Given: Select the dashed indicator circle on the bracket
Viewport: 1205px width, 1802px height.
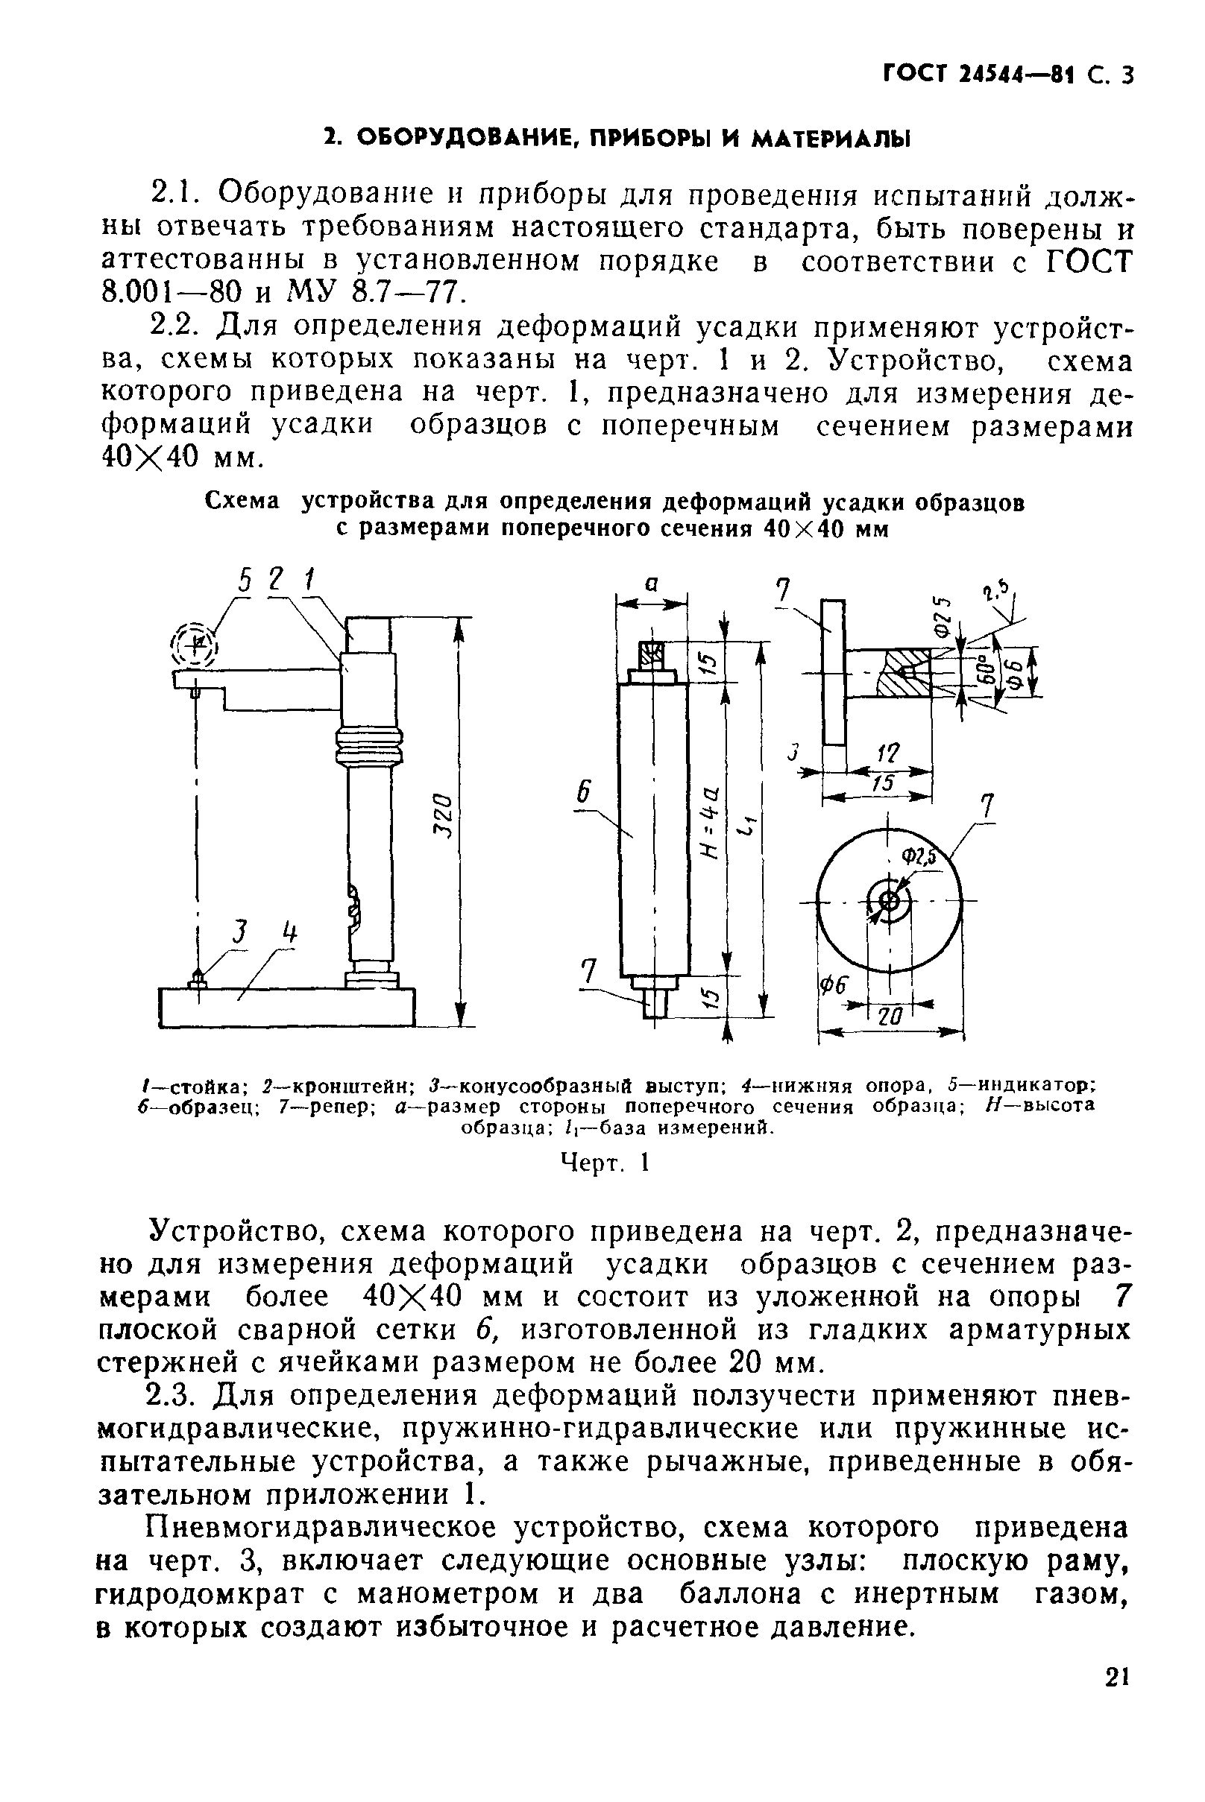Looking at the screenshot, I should coord(194,643).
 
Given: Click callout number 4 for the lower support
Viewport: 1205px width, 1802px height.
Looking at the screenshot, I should coord(289,934).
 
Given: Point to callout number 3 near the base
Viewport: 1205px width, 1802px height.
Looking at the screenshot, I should coord(241,932).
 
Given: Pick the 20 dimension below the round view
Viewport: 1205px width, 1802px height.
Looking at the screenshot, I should coord(889,1017).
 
